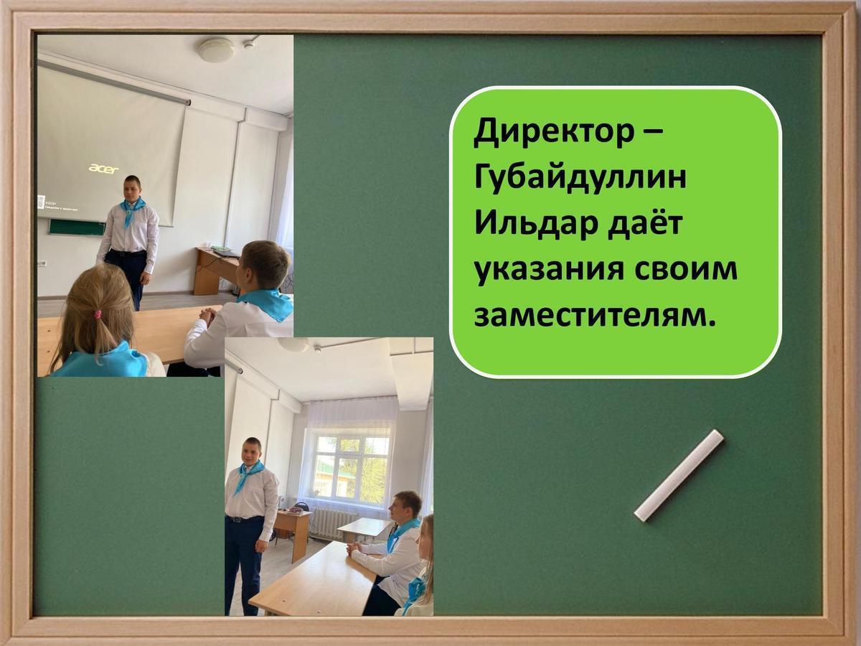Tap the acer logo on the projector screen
tap(103, 169)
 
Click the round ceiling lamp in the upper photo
tap(216, 50)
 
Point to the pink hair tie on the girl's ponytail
tap(96, 314)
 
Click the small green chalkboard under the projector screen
tap(76, 228)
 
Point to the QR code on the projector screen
tap(41, 202)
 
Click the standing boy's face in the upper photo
tap(131, 189)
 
